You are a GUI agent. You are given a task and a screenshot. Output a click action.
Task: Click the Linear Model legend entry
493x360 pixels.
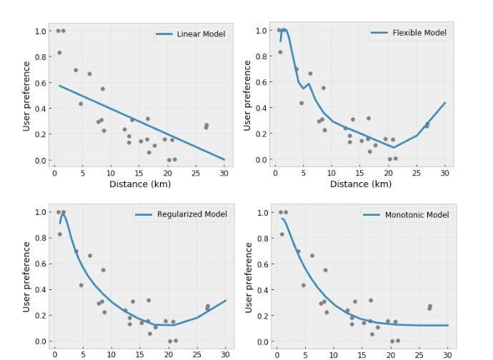point(192,34)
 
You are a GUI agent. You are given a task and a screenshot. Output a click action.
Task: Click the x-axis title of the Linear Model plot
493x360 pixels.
point(139,184)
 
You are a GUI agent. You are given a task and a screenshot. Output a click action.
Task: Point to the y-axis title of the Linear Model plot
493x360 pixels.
point(26,96)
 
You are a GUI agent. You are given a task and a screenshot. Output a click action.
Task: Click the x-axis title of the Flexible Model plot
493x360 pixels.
point(361,184)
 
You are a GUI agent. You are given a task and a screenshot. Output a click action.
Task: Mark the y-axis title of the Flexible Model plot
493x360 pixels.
point(248,96)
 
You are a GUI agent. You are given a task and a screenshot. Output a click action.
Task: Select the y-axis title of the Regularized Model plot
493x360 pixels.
point(26,276)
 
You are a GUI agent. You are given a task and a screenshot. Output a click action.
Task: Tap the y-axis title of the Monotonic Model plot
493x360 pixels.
point(248,276)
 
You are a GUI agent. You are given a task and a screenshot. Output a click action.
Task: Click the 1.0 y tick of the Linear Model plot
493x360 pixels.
point(40,31)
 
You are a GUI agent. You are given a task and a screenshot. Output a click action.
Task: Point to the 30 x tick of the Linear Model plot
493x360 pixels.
point(224,172)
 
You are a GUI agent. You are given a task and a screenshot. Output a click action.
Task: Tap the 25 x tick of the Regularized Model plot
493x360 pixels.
point(196,353)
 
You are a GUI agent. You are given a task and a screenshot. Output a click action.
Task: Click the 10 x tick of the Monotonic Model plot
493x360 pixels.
point(334,354)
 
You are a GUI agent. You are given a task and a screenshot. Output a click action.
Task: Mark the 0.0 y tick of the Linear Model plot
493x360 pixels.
point(40,160)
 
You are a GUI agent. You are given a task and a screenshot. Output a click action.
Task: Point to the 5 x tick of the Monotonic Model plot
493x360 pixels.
point(305,354)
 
